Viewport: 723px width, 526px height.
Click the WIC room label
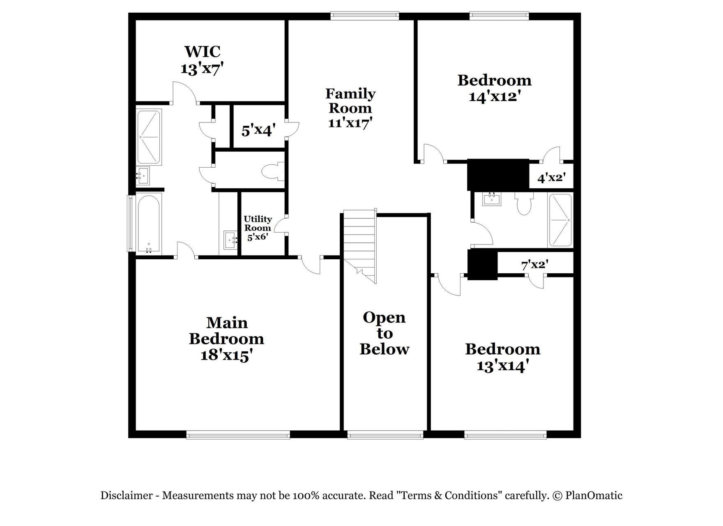click(x=202, y=52)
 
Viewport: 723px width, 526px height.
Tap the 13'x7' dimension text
click(x=202, y=68)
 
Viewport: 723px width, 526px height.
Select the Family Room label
click(x=350, y=101)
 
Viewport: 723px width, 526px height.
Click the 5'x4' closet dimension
click(x=258, y=131)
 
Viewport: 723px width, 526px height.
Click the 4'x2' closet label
click(x=552, y=178)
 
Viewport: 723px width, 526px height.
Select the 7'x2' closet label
click(x=535, y=265)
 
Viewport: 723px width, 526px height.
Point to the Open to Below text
click(x=385, y=333)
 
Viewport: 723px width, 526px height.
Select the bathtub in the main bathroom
click(x=148, y=224)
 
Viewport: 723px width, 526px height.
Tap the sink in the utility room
click(x=230, y=240)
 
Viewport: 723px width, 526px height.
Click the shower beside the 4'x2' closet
click(x=560, y=220)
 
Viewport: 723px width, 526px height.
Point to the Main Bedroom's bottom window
click(x=238, y=435)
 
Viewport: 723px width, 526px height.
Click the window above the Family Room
click(x=365, y=16)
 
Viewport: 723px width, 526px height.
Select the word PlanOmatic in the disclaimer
click(x=594, y=496)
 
